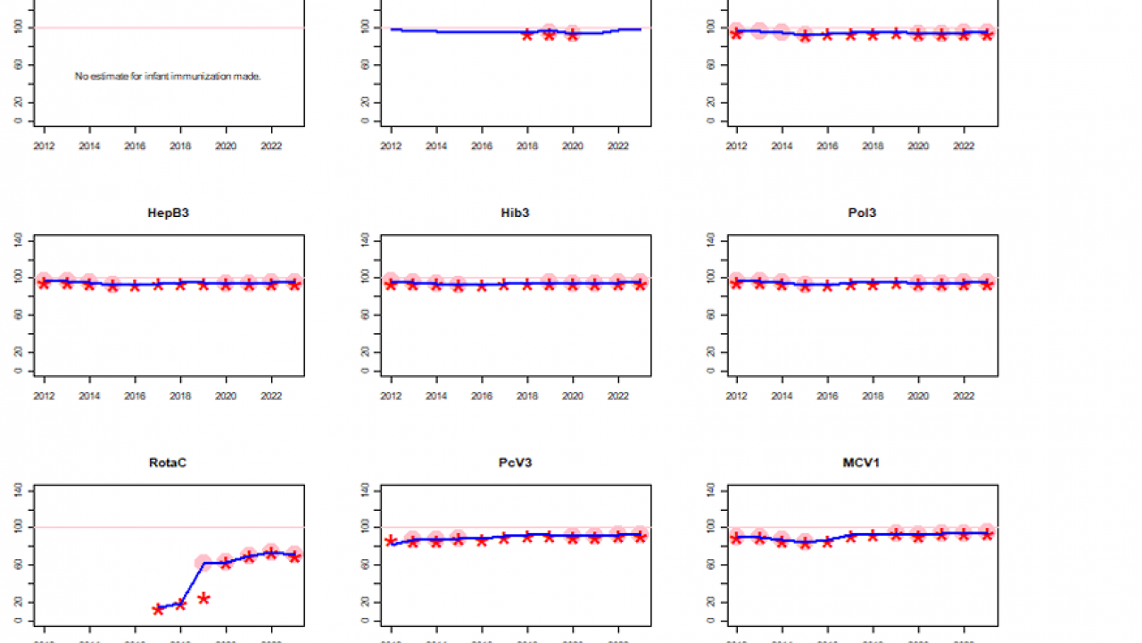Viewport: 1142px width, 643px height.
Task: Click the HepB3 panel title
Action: tap(168, 213)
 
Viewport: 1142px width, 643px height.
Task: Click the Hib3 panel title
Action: tap(515, 213)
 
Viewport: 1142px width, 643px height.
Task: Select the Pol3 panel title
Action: tap(862, 213)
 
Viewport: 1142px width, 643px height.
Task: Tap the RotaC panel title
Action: tap(168, 463)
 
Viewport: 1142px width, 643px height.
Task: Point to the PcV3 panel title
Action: tap(515, 463)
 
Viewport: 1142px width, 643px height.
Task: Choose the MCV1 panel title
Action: tap(862, 463)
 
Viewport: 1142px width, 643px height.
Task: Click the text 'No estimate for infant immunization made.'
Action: tap(168, 77)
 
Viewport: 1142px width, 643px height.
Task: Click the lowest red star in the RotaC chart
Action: tap(158, 609)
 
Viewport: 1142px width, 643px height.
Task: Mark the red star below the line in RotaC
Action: tap(203, 598)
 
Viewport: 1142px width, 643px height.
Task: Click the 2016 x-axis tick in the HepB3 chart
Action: tap(135, 394)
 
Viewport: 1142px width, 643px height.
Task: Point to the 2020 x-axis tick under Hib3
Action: tap(573, 394)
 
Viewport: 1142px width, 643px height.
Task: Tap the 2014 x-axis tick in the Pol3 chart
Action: tap(782, 394)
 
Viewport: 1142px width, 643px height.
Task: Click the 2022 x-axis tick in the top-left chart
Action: tap(272, 144)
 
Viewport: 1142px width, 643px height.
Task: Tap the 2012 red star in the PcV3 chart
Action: tap(391, 541)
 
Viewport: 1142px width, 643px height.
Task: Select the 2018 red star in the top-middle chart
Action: tap(527, 34)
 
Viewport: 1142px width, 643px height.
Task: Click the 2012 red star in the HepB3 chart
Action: tap(44, 283)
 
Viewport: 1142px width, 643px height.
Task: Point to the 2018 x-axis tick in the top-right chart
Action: tap(873, 144)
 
